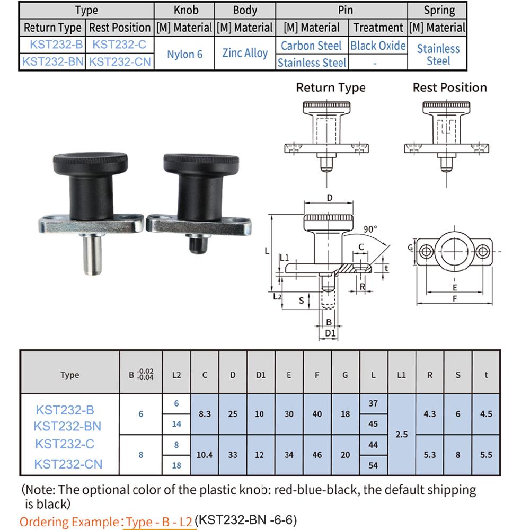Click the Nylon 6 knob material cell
pyautogui.click(x=184, y=54)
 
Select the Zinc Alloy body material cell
pyautogui.click(x=245, y=53)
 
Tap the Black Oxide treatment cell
pyautogui.click(x=378, y=46)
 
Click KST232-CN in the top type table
pyautogui.click(x=120, y=62)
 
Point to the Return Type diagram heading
pyautogui.click(x=330, y=87)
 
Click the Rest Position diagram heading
pyautogui.click(x=449, y=87)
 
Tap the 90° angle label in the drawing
pyautogui.click(x=370, y=229)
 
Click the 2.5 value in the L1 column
pyautogui.click(x=402, y=434)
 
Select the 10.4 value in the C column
pyautogui.click(x=205, y=455)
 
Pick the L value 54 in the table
pyautogui.click(x=373, y=465)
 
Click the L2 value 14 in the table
pyautogui.click(x=176, y=424)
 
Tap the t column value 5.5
pyautogui.click(x=485, y=455)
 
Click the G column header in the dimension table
pyautogui.click(x=345, y=375)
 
